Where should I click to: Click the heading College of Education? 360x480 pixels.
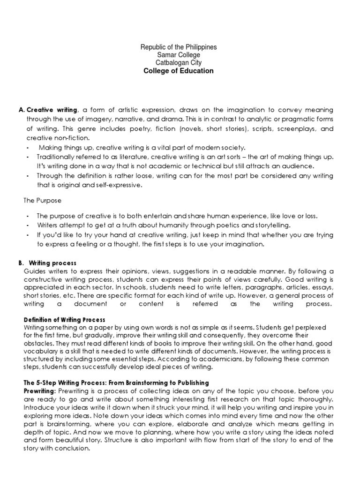click(178, 71)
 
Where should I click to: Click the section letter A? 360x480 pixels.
click(21, 110)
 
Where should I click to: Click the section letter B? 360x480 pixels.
click(21, 263)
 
